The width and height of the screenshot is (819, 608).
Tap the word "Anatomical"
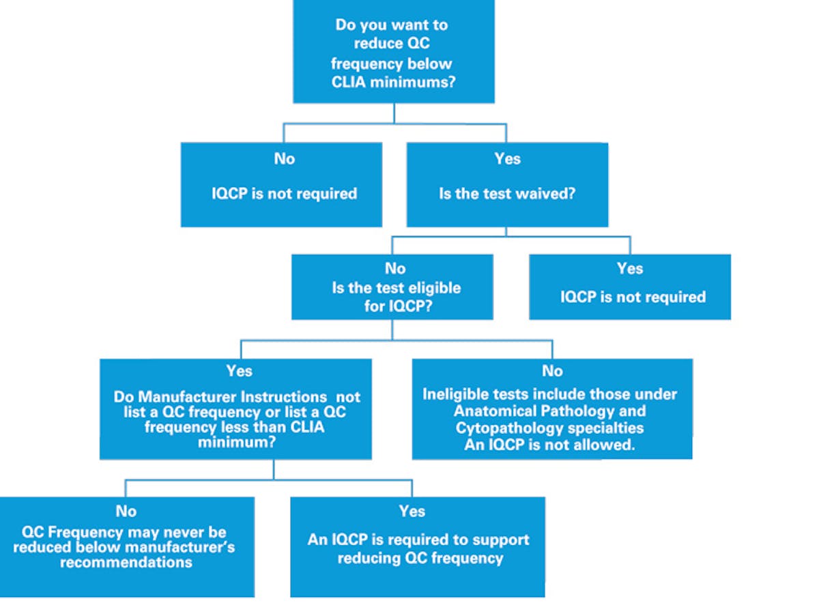(x=492, y=411)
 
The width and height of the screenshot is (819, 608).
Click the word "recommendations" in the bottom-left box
(x=126, y=562)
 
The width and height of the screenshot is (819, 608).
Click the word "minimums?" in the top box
(x=423, y=83)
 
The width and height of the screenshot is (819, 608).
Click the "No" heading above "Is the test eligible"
(x=395, y=268)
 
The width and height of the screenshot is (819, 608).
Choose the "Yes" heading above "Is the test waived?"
(x=507, y=159)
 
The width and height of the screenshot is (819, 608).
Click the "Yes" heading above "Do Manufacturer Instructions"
(x=239, y=371)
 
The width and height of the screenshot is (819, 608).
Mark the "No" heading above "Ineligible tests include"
(x=552, y=371)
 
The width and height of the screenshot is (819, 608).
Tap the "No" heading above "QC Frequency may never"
(x=126, y=511)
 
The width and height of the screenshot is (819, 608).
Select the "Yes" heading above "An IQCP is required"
(x=412, y=511)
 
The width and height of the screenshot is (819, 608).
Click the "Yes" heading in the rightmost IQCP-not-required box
(x=630, y=268)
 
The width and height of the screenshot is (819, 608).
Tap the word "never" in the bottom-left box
(x=181, y=532)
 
